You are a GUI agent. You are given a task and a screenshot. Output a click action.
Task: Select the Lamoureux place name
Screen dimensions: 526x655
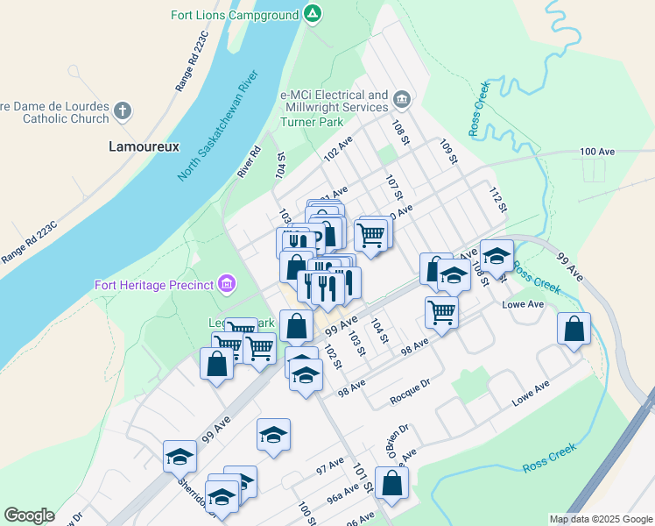pos(144,147)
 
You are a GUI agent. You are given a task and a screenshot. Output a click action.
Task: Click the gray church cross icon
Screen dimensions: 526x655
pos(123,111)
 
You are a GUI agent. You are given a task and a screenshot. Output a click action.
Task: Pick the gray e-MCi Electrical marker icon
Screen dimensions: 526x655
pos(402,98)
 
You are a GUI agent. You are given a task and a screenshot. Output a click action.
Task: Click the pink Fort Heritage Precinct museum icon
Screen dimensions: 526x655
pos(227,283)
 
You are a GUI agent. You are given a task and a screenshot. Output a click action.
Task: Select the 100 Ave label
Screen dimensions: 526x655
pos(598,152)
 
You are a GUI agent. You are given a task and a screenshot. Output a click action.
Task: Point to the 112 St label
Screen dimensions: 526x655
pos(498,201)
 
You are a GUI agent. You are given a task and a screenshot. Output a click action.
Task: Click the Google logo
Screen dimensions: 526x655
pos(29,515)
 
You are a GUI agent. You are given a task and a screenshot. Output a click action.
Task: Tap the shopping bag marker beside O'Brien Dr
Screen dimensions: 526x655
pos(391,482)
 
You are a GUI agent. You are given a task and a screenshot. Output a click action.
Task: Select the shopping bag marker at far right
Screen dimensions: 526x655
pos(574,330)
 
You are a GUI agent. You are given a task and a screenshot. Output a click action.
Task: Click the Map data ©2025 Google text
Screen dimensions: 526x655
pos(600,519)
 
